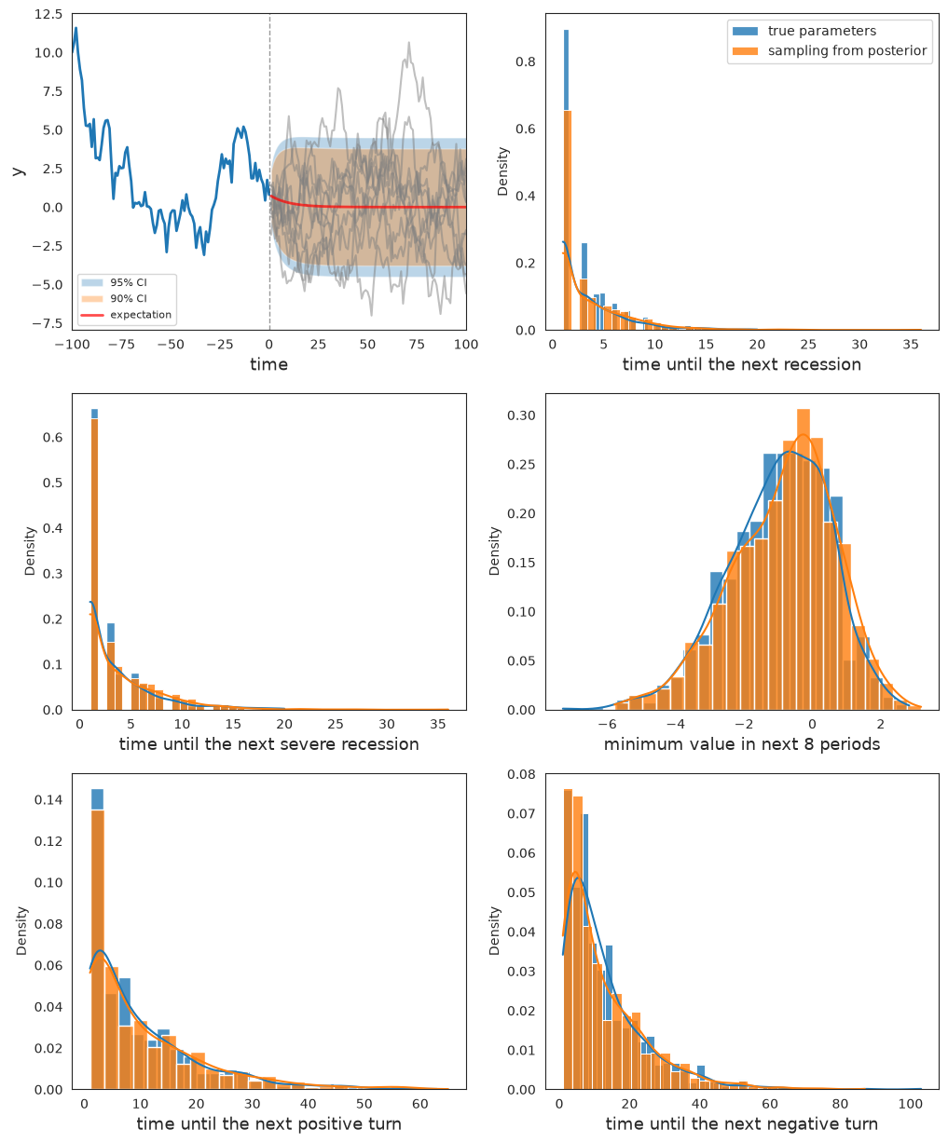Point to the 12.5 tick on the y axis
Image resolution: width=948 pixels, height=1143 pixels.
48,14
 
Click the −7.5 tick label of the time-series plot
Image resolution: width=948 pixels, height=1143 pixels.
48,323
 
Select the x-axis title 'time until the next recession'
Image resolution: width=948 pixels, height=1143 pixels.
741,364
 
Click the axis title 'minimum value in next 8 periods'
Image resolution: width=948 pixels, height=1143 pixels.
741,744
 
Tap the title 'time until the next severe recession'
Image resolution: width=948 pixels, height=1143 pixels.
269,744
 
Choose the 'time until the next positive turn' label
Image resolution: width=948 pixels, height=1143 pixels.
269,1123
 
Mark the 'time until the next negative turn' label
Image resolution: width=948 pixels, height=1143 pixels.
741,1123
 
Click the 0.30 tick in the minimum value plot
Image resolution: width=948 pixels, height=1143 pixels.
521,415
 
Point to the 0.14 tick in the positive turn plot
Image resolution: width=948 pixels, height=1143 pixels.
48,800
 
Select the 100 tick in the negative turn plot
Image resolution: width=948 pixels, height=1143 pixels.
910,1104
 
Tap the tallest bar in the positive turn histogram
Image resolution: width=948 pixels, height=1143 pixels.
98,939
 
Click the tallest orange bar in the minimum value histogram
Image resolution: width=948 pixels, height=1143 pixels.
804,560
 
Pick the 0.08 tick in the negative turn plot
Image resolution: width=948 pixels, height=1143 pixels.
521,774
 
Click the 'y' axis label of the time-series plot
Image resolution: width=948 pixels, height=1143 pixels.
19,171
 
